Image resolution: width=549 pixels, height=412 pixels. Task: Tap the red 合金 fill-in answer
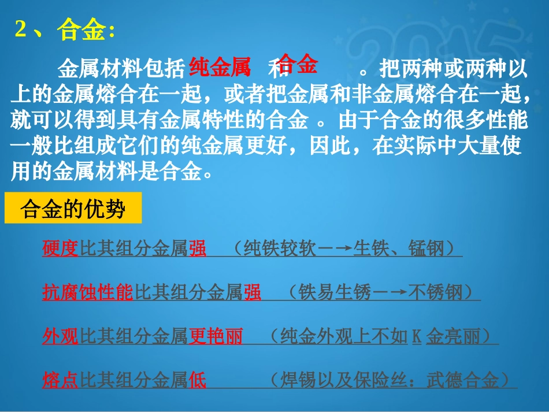click(x=298, y=65)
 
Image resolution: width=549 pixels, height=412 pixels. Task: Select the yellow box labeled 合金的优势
click(x=73, y=209)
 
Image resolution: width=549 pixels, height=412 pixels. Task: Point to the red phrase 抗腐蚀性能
click(x=88, y=292)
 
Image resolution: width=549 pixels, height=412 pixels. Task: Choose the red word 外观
click(x=60, y=336)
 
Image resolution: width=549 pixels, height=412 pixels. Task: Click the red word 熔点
click(x=60, y=380)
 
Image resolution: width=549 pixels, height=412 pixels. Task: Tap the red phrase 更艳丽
click(x=216, y=336)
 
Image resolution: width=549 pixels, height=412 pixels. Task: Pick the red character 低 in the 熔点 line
click(x=197, y=380)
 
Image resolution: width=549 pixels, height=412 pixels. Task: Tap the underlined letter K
click(x=417, y=336)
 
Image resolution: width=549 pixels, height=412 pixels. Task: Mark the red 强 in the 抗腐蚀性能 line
click(x=252, y=292)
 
